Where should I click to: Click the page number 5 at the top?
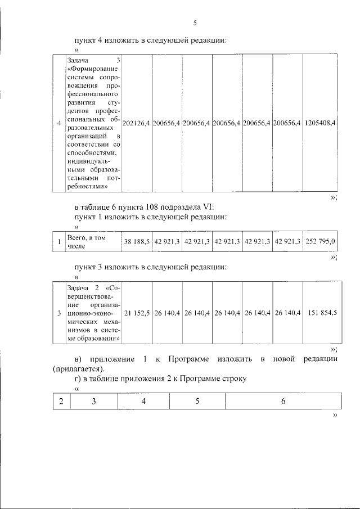195,23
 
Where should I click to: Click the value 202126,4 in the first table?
136,123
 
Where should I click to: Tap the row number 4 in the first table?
59,123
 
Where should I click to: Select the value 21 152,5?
137,312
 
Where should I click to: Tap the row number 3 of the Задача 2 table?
59,312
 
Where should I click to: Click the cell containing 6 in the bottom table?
283,401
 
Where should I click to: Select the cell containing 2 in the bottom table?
61,401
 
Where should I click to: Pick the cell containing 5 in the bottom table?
197,401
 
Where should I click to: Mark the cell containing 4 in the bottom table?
144,401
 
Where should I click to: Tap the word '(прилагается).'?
76,370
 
